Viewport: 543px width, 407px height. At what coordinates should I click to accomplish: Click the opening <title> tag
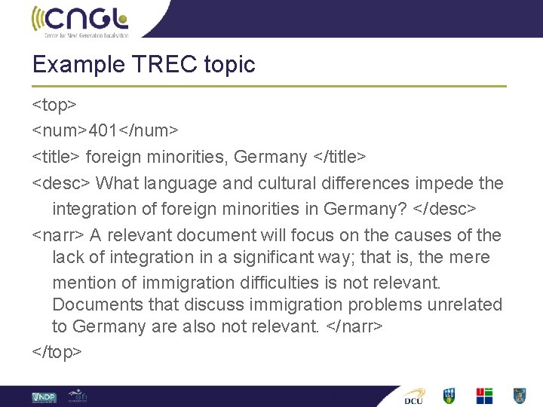pyautogui.click(x=56, y=157)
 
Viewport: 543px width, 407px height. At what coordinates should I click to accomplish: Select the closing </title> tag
pyautogui.click(x=339, y=157)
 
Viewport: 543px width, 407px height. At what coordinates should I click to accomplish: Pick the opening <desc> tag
pyautogui.click(x=60, y=182)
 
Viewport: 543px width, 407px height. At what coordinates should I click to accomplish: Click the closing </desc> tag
pyautogui.click(x=447, y=208)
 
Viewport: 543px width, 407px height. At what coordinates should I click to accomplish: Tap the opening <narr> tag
pyautogui.click(x=57, y=234)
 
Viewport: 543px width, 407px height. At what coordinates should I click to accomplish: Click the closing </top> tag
pyautogui.click(x=57, y=352)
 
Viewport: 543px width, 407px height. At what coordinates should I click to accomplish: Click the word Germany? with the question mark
pyautogui.click(x=363, y=208)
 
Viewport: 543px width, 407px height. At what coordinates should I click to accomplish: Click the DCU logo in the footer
pyautogui.click(x=414, y=396)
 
